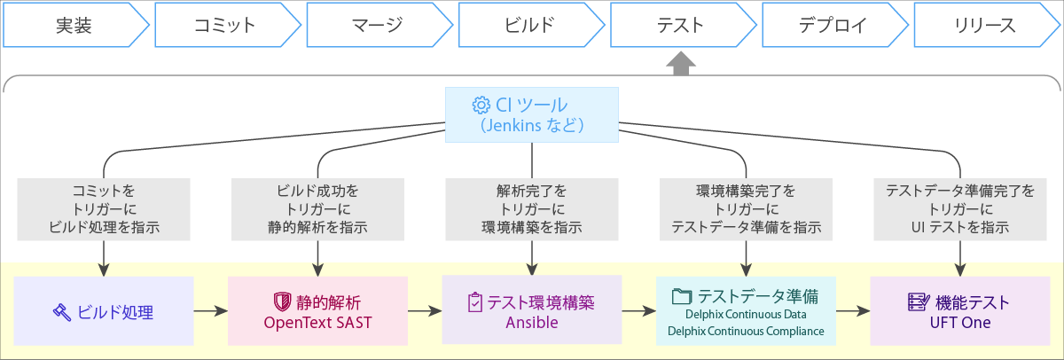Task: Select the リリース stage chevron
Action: click(987, 25)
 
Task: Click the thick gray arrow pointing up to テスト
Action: click(681, 63)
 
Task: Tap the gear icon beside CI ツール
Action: click(481, 105)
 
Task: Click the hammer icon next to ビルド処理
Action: click(62, 312)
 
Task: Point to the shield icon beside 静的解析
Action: click(282, 302)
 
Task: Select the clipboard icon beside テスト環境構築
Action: click(475, 302)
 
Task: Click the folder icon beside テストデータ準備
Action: click(682, 296)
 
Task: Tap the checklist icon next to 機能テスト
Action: click(919, 302)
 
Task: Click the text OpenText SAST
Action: click(317, 323)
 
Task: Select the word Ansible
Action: click(532, 323)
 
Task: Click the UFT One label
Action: click(960, 323)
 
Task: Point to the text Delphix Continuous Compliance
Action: click(746, 331)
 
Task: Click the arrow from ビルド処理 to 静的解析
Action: click(211, 311)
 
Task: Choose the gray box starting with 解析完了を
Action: click(532, 209)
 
